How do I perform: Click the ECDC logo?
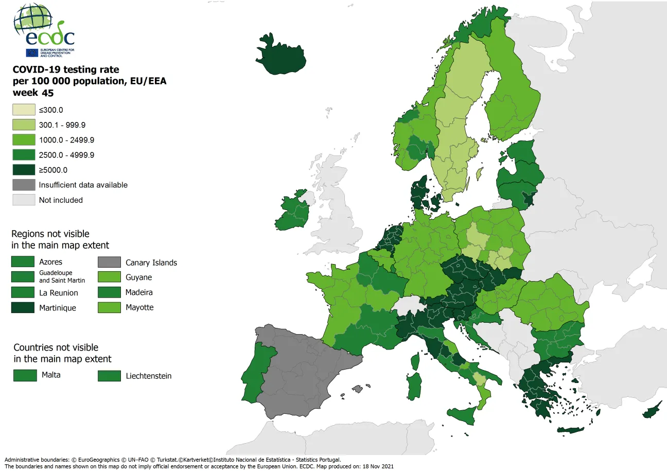pos(44,31)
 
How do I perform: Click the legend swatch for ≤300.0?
pos(24,110)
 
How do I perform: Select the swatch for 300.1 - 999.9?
pos(24,125)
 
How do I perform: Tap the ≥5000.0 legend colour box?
pos(24,170)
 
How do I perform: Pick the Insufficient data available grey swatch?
pos(24,185)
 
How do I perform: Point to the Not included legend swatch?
pos(24,200)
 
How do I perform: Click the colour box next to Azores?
pos(24,262)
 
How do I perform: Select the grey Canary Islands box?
pos(109,262)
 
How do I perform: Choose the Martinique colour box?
pos(24,308)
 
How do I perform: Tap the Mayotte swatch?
pos(109,308)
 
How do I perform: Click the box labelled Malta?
pos(25,375)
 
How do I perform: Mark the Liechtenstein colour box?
pos(109,376)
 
